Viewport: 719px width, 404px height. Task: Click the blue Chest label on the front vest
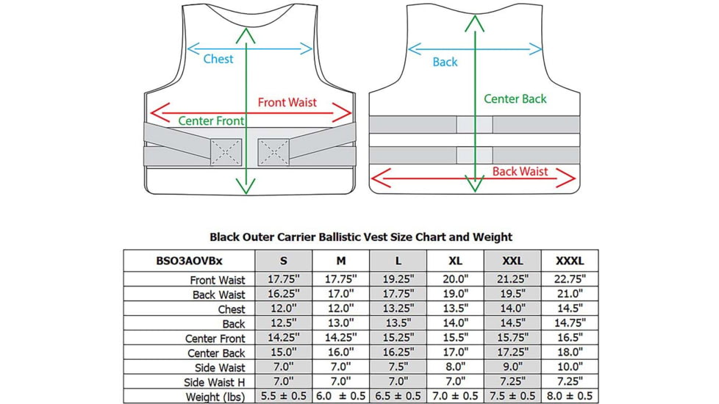tap(218, 59)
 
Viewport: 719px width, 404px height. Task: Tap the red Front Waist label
tap(287, 102)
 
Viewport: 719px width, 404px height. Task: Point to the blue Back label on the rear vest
tap(445, 62)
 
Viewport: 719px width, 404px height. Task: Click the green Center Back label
tap(515, 98)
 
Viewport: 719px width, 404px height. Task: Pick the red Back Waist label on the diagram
tap(520, 171)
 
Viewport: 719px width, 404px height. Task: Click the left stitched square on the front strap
tap(225, 151)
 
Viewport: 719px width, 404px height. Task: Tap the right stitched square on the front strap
tap(273, 151)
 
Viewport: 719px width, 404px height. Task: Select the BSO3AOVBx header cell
tap(189, 261)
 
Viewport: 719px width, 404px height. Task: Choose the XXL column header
tap(512, 261)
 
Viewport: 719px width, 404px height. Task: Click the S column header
tap(283, 261)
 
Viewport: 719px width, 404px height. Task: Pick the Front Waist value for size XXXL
tap(569, 280)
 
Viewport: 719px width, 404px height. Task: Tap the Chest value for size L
tap(398, 309)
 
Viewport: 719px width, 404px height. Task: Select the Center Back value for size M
tap(341, 353)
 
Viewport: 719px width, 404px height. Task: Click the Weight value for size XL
tap(455, 397)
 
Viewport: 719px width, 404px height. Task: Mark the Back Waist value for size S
tap(283, 295)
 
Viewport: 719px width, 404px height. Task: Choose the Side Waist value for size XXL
tap(512, 368)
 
